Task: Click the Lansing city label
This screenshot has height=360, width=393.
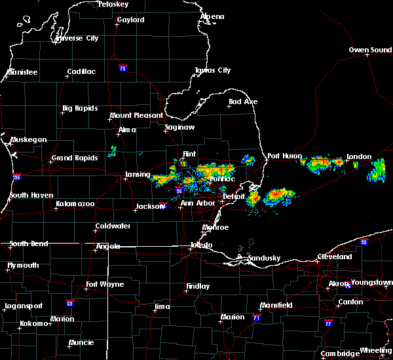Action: coord(138,175)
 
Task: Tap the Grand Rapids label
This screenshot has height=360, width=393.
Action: coord(75,158)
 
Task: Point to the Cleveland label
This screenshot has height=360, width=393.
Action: coord(335,257)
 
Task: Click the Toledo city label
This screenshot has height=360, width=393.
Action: coord(201,245)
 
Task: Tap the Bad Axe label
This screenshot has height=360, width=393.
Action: coord(243,101)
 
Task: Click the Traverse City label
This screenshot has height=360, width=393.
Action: coord(77,38)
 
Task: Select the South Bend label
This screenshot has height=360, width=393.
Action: coord(28,243)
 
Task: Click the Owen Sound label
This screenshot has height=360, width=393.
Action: coord(370,50)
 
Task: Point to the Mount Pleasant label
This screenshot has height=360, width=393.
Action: coord(136,115)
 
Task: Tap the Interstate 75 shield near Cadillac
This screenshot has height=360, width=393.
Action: coord(122,68)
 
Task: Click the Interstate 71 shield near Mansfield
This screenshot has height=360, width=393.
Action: coord(256,318)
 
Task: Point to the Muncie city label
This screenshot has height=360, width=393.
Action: coord(81,342)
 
